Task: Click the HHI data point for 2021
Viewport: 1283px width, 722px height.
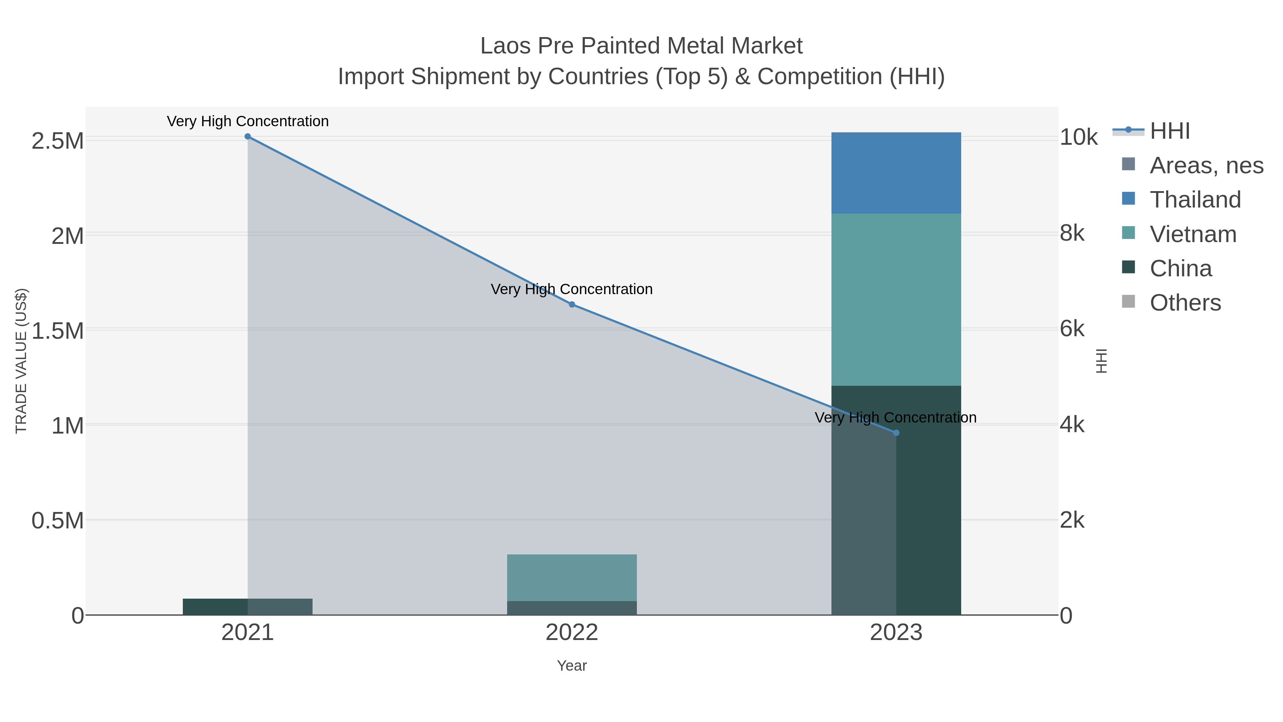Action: pyautogui.click(x=248, y=137)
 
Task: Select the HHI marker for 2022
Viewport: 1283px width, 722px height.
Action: pyautogui.click(x=572, y=304)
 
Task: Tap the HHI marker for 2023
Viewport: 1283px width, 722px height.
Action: pyautogui.click(x=896, y=433)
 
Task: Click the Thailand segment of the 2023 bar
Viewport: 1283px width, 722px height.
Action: pyautogui.click(x=896, y=173)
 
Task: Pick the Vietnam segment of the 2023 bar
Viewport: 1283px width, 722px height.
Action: pyautogui.click(x=896, y=299)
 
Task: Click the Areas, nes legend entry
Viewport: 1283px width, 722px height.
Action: pyautogui.click(x=1206, y=165)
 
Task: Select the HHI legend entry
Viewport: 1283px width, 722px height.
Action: pyautogui.click(x=1169, y=131)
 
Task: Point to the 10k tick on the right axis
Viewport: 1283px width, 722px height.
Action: pyautogui.click(x=1078, y=138)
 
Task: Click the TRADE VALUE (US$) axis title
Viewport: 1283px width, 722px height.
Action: pyautogui.click(x=21, y=361)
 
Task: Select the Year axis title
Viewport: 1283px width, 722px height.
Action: pyautogui.click(x=572, y=666)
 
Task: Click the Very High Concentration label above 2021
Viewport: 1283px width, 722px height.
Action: pyautogui.click(x=248, y=122)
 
